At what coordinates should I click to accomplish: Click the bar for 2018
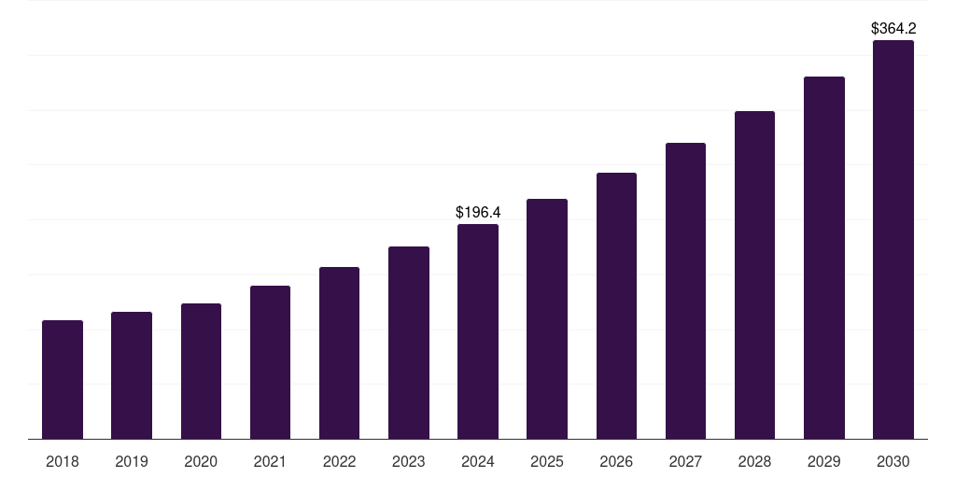pos(63,380)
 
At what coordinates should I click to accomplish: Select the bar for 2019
pos(132,375)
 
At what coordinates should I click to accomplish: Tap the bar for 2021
pos(270,362)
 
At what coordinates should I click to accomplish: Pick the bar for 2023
pos(409,343)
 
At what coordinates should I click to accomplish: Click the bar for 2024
pos(478,331)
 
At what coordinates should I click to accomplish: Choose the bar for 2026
pos(616,306)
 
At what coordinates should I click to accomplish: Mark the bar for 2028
pos(754,275)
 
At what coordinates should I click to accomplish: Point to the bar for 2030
pos(893,240)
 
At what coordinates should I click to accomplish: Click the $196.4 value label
pos(477,213)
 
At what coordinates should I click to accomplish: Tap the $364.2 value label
pos(893,29)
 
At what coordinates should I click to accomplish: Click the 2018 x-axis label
pos(63,461)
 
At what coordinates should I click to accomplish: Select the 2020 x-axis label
pos(201,461)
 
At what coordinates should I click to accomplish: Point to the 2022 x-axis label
pos(339,461)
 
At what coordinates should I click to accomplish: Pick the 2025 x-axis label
pos(547,461)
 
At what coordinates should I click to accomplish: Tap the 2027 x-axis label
pos(685,461)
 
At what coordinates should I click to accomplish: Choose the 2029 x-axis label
pos(823,461)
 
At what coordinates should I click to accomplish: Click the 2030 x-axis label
pos(893,461)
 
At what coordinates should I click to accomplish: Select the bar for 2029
pos(823,258)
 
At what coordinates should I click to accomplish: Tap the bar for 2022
pos(339,353)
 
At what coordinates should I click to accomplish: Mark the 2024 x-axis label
pos(478,461)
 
